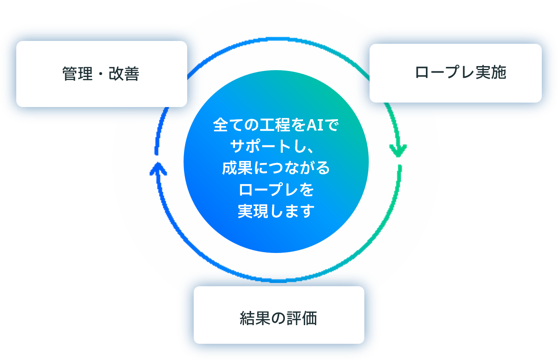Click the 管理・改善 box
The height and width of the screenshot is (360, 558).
pos(101,74)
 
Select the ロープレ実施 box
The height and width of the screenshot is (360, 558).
pos(455,73)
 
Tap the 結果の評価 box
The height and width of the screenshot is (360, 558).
pos(279,315)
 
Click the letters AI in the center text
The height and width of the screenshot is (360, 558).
pos(315,125)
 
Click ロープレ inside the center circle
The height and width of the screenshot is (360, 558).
pos(265,189)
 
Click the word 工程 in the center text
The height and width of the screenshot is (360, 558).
pos(275,125)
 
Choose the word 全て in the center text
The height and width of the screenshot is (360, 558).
pos(228,125)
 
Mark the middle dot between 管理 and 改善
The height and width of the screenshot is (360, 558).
pos(100,74)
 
